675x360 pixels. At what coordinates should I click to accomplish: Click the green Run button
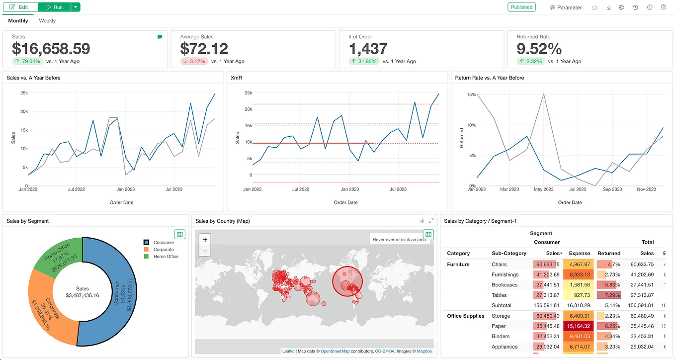[x=54, y=7]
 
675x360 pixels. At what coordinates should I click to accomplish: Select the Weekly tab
[x=47, y=21]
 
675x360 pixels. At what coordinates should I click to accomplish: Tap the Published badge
[x=521, y=7]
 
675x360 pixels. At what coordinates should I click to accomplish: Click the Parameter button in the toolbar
[x=566, y=7]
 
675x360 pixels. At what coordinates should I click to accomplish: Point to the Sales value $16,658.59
[x=51, y=49]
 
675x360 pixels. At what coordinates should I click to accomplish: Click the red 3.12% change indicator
[x=194, y=61]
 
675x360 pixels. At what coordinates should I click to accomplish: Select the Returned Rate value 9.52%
[x=539, y=49]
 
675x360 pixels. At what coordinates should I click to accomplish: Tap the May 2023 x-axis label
[x=544, y=189]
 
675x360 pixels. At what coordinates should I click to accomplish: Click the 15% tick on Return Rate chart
[x=470, y=94]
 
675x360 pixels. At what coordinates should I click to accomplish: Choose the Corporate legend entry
[x=163, y=250]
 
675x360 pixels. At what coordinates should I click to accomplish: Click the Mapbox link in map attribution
[x=424, y=351]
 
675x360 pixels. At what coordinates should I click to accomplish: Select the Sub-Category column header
[x=509, y=254]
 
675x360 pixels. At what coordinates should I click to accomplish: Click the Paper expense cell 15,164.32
[x=579, y=326]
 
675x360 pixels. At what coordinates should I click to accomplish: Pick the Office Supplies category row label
[x=465, y=316]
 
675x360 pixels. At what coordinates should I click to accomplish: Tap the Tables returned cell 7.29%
[x=609, y=295]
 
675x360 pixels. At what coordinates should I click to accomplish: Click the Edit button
[x=20, y=7]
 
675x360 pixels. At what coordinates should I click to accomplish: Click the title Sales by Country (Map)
[x=223, y=221]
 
